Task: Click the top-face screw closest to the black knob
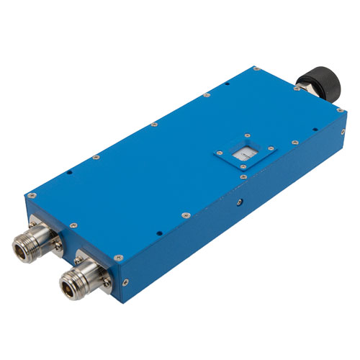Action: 295,90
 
